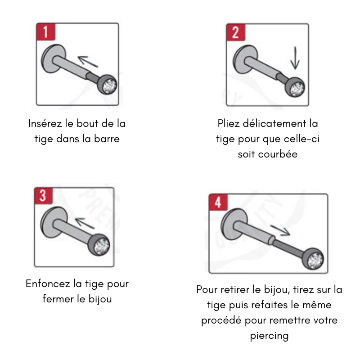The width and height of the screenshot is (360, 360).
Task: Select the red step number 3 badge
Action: pos(44,196)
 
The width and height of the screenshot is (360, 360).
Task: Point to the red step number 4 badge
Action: pos(218,203)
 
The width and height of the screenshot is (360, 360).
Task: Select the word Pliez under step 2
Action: pos(229,123)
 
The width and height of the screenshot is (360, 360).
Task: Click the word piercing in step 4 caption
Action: pos(269,336)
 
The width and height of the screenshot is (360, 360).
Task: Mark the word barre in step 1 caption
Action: pos(107,139)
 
